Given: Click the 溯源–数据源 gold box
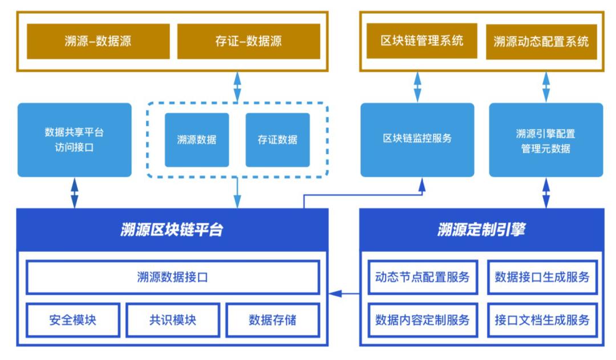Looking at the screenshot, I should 99,41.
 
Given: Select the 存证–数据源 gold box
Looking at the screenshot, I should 248,41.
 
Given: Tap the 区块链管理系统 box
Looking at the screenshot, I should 422,41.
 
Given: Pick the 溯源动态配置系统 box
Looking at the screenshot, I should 541,42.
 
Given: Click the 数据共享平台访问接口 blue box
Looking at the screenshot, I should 75,140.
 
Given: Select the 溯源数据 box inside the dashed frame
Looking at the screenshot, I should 197,140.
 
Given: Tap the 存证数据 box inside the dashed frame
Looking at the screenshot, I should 278,140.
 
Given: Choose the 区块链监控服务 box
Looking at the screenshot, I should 417,139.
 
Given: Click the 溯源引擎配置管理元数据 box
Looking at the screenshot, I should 546,140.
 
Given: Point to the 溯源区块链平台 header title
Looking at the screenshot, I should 172,230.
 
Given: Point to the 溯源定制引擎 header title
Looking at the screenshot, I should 481,230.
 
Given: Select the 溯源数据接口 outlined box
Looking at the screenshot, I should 173,277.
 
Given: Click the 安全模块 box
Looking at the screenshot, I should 72,319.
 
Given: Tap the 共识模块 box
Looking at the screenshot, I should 172,319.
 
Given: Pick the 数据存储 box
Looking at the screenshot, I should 273,319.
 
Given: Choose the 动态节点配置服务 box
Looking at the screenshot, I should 422,277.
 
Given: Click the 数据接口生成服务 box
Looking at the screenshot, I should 542,277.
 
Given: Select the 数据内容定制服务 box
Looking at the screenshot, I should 422,319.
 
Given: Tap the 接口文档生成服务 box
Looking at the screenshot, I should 542,319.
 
